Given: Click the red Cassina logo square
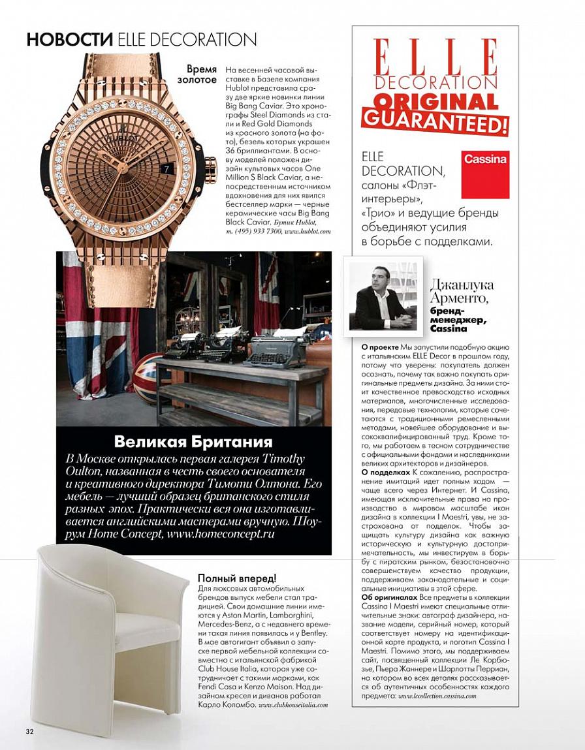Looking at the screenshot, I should pyautogui.click(x=484, y=174).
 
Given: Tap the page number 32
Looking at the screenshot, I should pyautogui.click(x=29, y=730).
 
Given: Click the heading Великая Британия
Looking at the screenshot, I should pyautogui.click(x=193, y=441).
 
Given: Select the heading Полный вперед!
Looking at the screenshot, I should pyautogui.click(x=237, y=578).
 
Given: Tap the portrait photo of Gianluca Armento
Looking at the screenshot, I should pyautogui.click(x=383, y=296).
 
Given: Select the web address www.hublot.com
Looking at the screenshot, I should pyautogui.click(x=308, y=231).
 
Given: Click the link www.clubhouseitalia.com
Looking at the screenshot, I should pyautogui.click(x=292, y=706).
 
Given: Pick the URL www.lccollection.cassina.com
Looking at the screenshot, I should pyautogui.click(x=437, y=696).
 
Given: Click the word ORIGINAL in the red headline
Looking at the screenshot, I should pyautogui.click(x=435, y=102).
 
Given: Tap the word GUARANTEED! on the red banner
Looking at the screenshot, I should pyautogui.click(x=435, y=121).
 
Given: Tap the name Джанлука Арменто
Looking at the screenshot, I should pyautogui.click(x=462, y=292).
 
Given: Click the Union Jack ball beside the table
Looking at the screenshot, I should pyautogui.click(x=148, y=377).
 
